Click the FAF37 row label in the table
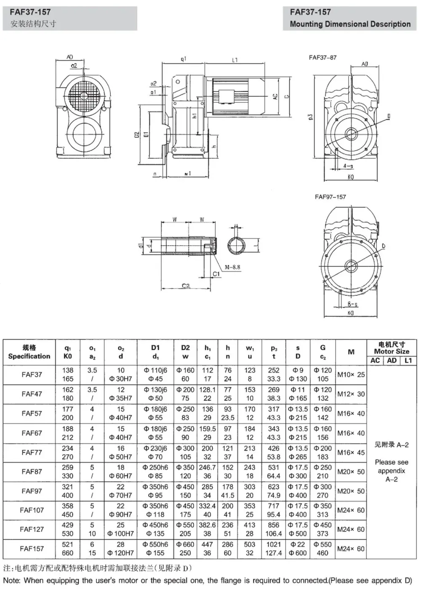click(x=32, y=374)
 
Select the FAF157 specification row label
click(x=32, y=549)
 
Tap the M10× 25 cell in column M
click(x=351, y=374)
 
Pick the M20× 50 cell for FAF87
click(x=351, y=472)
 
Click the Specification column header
click(x=29, y=356)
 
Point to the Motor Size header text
click(x=392, y=351)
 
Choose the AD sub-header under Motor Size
click(x=392, y=361)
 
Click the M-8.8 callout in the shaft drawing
click(x=232, y=267)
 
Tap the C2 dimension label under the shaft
click(x=186, y=286)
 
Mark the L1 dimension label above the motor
click(x=235, y=60)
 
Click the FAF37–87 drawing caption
click(x=322, y=58)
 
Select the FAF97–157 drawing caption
click(x=330, y=197)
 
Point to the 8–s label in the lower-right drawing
click(x=352, y=304)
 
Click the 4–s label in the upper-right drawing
click(x=348, y=166)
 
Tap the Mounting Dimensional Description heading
click(x=350, y=24)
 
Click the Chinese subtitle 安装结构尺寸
click(x=33, y=24)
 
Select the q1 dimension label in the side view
click(x=183, y=59)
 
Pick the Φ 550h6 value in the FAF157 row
click(x=155, y=544)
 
